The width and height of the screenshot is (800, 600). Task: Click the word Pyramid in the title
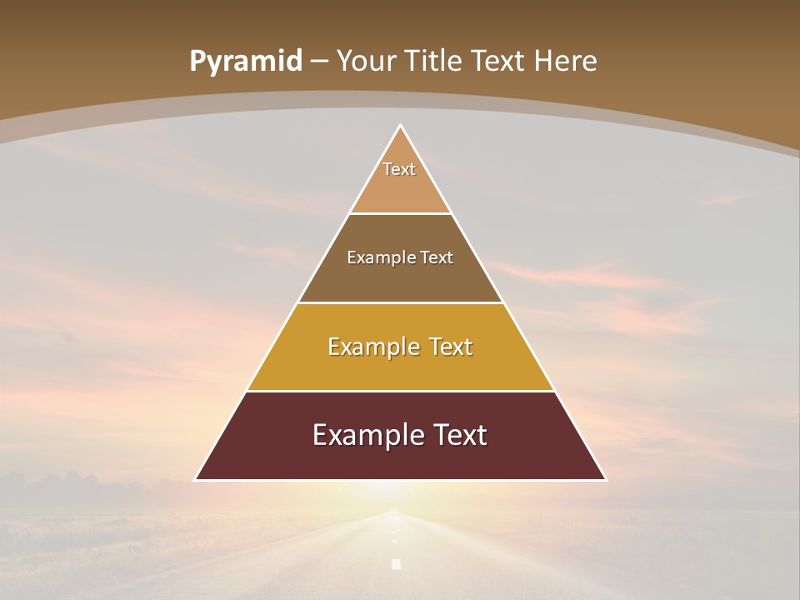[x=246, y=62]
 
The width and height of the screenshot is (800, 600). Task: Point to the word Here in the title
[x=566, y=62]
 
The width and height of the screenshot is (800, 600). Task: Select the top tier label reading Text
[x=399, y=169]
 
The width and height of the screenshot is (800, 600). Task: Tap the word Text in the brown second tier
[x=437, y=257]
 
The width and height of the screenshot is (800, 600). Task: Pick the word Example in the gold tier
[x=372, y=347]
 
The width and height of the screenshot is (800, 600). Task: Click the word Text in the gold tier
[x=448, y=347]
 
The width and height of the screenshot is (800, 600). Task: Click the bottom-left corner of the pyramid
[x=197, y=479]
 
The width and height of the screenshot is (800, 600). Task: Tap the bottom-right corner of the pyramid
[x=605, y=479]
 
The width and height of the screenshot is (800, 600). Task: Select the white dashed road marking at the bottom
[x=397, y=564]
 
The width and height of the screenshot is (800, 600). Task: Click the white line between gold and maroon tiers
[x=401, y=391]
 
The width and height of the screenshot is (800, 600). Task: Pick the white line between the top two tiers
[x=401, y=213]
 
